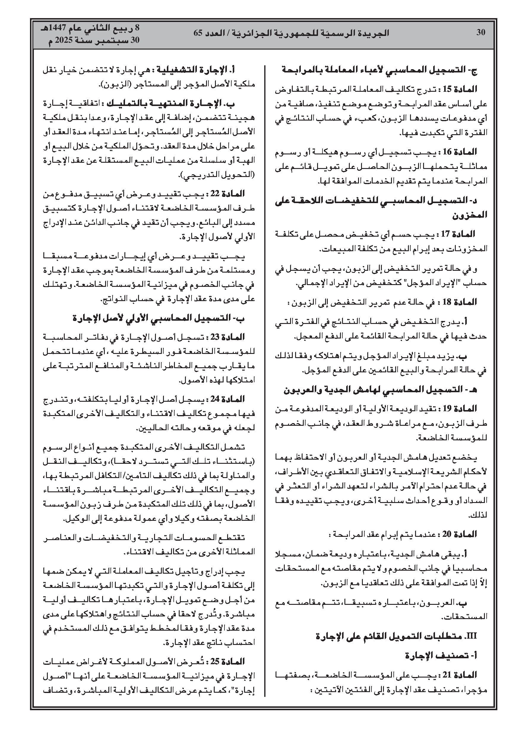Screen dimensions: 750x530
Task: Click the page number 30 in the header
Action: click(x=481, y=32)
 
